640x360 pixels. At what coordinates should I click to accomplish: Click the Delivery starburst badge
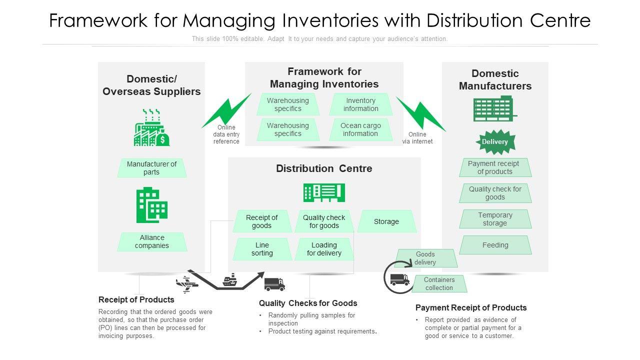495,141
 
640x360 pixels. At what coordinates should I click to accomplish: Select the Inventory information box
361,104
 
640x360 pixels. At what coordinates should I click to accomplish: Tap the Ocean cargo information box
361,129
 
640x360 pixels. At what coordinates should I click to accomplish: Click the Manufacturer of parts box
151,168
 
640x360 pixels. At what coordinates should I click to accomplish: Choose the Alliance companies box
151,241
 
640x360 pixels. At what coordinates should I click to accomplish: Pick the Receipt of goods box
262,221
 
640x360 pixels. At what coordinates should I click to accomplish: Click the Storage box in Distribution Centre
386,221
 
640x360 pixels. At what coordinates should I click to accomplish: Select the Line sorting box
262,249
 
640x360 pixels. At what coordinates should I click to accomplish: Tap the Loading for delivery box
324,249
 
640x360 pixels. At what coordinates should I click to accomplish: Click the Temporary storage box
495,219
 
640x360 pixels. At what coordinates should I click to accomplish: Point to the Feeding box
495,245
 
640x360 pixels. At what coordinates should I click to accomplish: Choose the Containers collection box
439,283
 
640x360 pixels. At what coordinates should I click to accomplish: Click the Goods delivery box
425,258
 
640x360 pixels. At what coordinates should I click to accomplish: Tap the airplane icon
187,284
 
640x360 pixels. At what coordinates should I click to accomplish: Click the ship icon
230,280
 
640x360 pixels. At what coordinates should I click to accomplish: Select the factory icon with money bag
151,127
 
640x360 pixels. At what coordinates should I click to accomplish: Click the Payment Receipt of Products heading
471,307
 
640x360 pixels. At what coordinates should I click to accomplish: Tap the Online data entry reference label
226,134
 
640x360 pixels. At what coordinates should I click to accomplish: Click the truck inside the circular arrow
399,279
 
